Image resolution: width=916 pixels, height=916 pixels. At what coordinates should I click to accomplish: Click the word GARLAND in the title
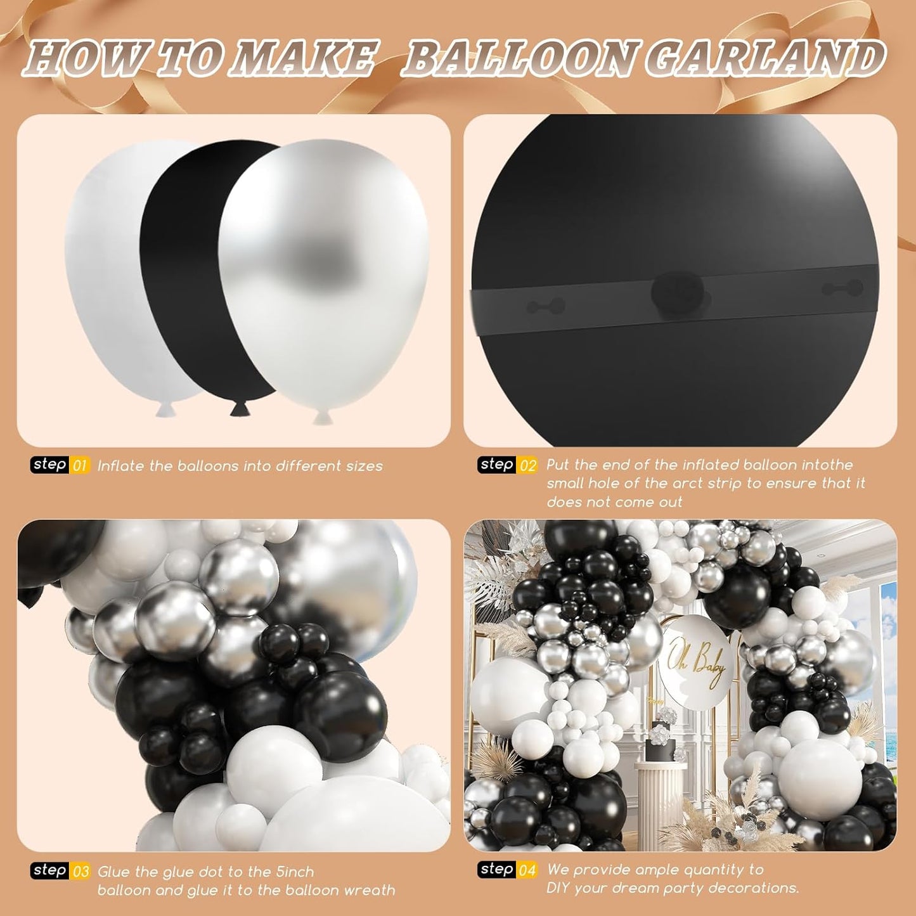[765, 59]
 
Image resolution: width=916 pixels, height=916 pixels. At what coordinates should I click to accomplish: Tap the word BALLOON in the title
[520, 59]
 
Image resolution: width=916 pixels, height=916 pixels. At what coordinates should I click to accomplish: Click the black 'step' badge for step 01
[49, 465]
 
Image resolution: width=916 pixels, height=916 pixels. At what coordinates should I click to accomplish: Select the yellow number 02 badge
[527, 465]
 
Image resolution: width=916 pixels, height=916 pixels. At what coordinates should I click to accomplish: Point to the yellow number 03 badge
[81, 872]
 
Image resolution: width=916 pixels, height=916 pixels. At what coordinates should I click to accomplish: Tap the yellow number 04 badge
[527, 870]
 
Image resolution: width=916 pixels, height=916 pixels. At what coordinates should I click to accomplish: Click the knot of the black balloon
[240, 408]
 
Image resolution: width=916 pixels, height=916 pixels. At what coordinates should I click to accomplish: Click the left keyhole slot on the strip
[545, 307]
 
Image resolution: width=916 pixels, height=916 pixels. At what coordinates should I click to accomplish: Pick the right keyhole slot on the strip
[842, 289]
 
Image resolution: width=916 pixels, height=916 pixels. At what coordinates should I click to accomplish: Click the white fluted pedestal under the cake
[659, 799]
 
